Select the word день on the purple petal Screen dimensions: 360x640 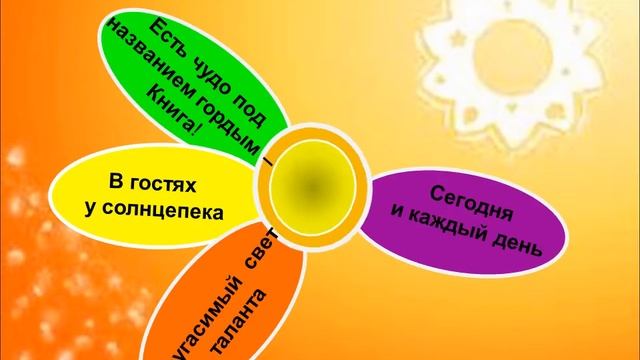[x=520, y=247]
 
